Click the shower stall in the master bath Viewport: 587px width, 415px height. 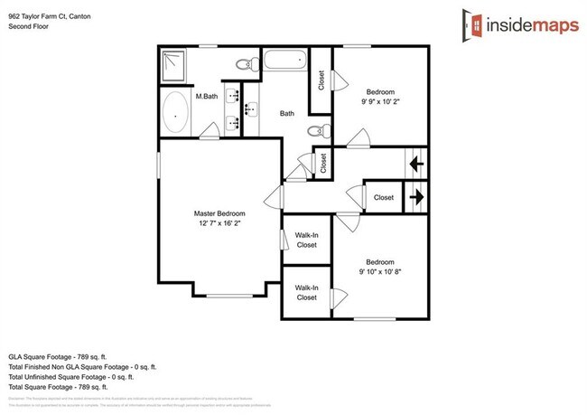pos(172,63)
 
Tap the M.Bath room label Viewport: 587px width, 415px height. pos(207,96)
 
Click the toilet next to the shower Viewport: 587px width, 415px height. pos(243,65)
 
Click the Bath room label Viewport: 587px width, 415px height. pos(287,114)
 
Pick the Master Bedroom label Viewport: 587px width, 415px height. pos(219,213)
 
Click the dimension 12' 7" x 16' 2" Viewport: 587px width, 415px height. pos(219,225)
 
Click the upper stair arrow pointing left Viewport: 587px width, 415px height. pos(416,165)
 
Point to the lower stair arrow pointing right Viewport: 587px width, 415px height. pos(416,194)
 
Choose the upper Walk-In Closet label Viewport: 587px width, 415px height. pos(306,239)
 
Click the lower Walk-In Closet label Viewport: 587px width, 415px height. pos(306,292)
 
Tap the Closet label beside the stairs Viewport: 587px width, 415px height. pos(384,197)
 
